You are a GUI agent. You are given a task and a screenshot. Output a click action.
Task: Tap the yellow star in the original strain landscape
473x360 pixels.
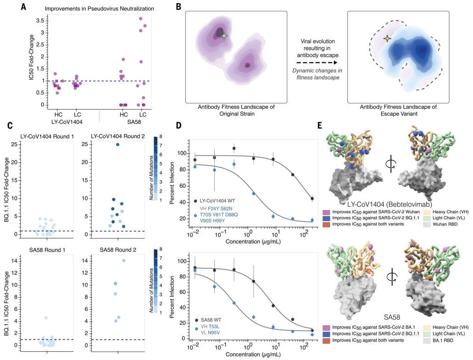click(223, 36)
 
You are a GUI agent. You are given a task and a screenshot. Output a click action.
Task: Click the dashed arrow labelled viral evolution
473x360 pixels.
click(317, 62)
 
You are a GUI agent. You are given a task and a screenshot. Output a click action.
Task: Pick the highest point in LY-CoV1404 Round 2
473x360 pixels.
click(118, 144)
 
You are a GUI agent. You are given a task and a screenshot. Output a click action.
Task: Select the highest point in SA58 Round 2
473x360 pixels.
click(123, 260)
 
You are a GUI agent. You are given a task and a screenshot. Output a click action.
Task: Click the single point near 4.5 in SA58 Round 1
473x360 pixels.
click(46, 318)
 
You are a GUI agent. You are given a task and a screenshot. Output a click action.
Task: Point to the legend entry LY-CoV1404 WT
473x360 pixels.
click(217, 200)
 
